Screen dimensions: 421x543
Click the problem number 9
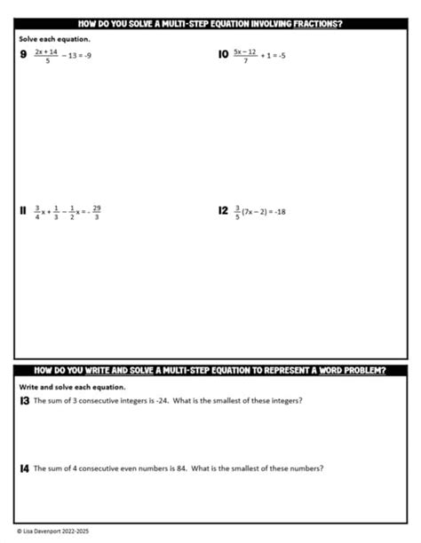22,55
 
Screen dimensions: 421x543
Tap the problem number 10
223,55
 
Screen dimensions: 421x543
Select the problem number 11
22,211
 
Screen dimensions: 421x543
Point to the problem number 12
223,211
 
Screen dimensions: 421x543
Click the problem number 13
24,401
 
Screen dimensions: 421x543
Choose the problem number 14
24,468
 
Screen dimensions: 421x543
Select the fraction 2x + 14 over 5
46,55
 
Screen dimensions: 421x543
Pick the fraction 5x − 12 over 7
245,55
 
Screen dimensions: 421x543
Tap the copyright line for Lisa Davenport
52,531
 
